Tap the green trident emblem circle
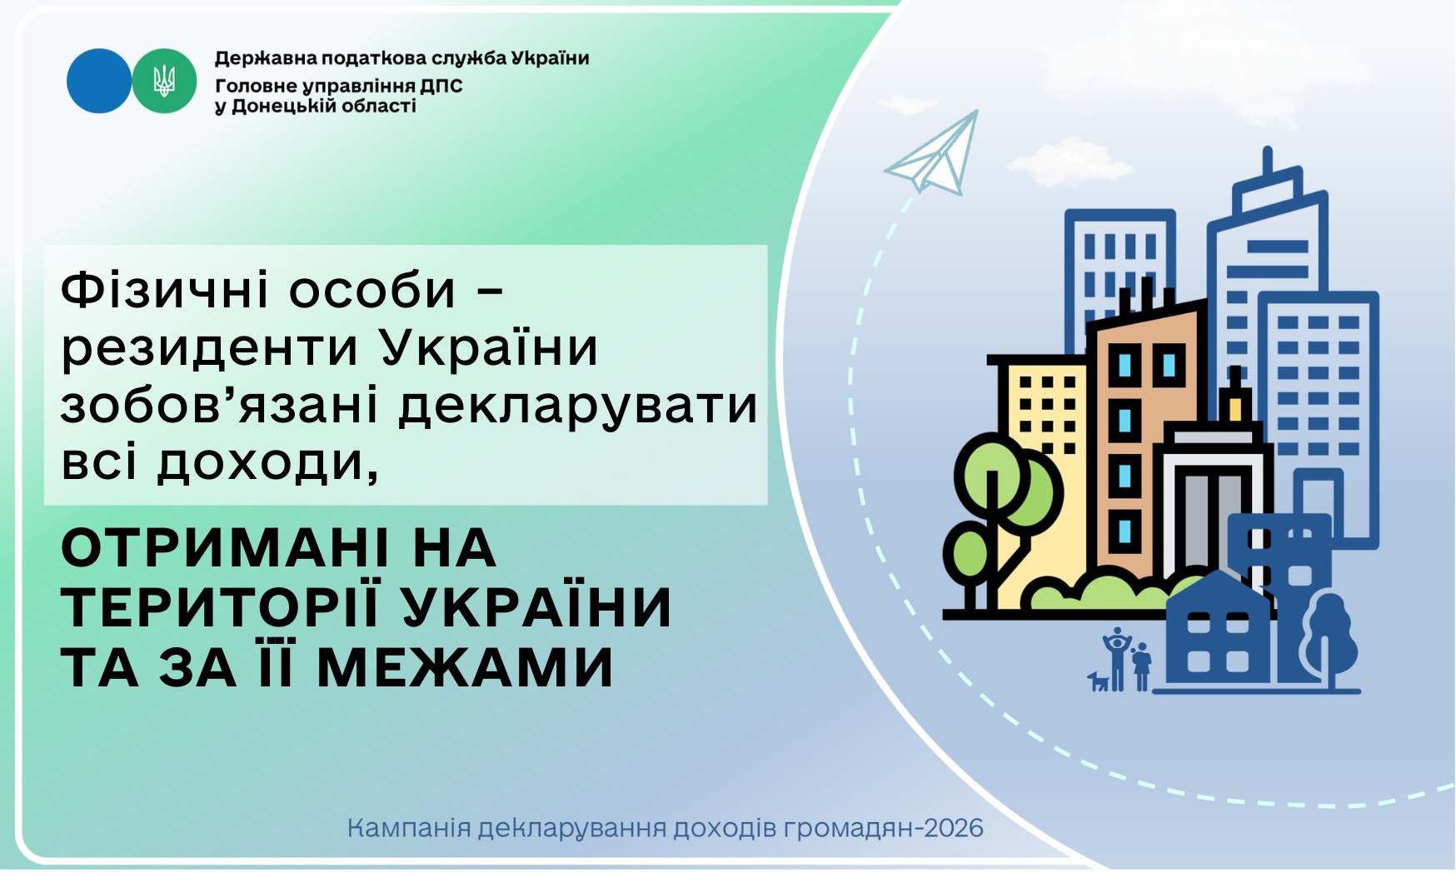pyautogui.click(x=164, y=81)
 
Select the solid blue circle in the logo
pyautogui.click(x=99, y=81)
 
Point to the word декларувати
pyautogui.click(x=578, y=407)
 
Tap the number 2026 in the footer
pyautogui.click(x=955, y=828)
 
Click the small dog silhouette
pyautogui.click(x=1099, y=681)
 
